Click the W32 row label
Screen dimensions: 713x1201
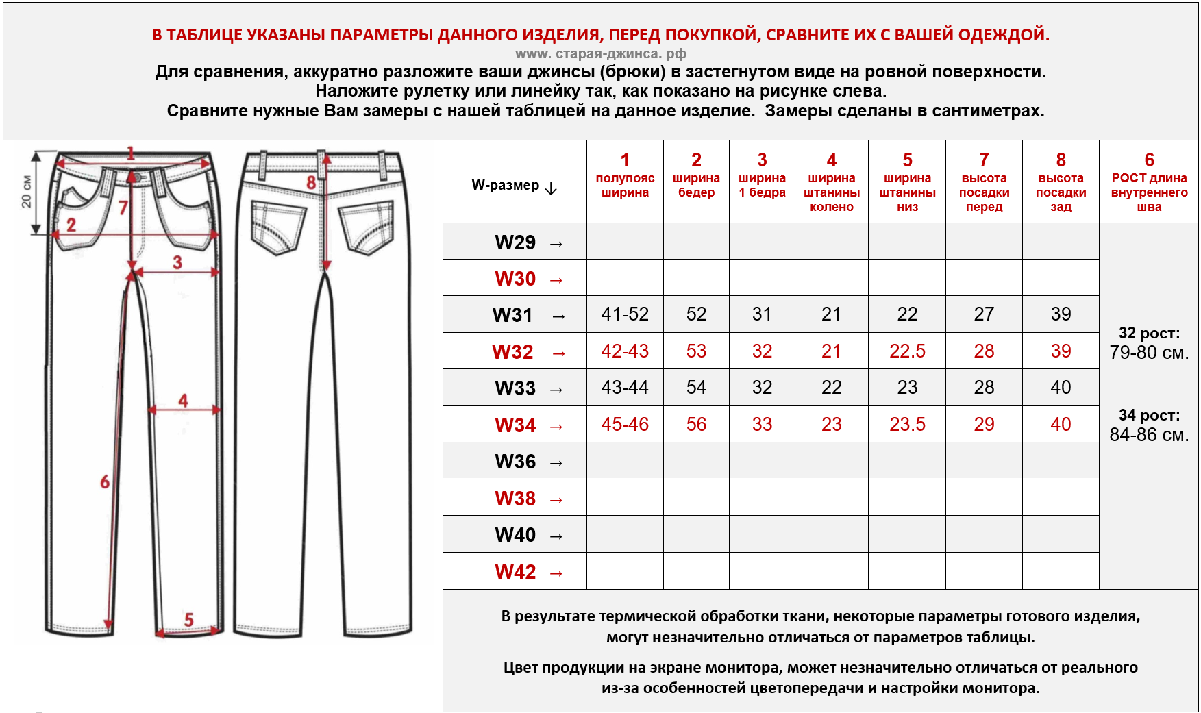click(513, 351)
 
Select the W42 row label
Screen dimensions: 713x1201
click(515, 572)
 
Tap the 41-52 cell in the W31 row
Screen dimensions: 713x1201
click(625, 314)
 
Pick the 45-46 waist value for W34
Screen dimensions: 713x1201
click(625, 425)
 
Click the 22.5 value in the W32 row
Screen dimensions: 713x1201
click(907, 351)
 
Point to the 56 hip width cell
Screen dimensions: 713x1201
click(696, 425)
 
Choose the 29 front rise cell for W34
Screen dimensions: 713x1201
click(984, 425)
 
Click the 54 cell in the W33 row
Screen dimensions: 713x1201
click(696, 388)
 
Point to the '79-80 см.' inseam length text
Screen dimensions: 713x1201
click(1149, 353)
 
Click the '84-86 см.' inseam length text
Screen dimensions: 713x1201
click(1149, 435)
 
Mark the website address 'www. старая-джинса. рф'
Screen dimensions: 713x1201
click(600, 53)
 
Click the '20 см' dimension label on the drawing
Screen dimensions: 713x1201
click(26, 192)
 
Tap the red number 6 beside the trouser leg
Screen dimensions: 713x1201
click(105, 482)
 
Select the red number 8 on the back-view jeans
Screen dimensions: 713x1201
click(311, 183)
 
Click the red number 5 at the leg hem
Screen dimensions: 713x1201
click(189, 620)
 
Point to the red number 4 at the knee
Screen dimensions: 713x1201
click(183, 401)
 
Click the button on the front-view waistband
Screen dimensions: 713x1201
click(137, 177)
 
